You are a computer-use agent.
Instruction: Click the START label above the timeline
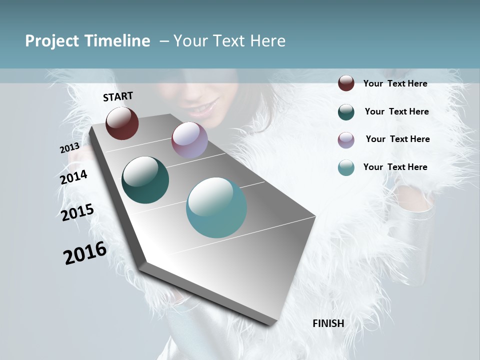click(x=118, y=96)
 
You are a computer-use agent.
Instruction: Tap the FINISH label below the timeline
click(x=328, y=323)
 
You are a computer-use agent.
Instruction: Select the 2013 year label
click(x=69, y=148)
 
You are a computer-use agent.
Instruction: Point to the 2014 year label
click(x=73, y=177)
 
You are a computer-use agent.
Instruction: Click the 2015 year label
click(x=77, y=212)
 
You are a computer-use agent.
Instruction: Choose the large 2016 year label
click(x=85, y=253)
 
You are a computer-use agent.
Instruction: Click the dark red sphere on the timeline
click(x=122, y=123)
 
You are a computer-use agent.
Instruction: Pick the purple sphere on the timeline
click(x=189, y=139)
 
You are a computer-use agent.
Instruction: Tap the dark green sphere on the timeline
click(x=145, y=180)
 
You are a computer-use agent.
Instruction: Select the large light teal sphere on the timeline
click(x=216, y=207)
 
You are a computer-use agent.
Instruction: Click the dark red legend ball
click(x=346, y=83)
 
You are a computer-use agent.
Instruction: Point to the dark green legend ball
click(x=346, y=111)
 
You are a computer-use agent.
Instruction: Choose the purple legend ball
click(x=346, y=139)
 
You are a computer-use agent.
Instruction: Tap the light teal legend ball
click(x=346, y=167)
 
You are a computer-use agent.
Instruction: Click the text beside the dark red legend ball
click(x=395, y=83)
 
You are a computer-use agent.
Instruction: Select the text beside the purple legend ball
click(x=397, y=139)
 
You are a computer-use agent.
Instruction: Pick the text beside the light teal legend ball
click(x=395, y=167)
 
